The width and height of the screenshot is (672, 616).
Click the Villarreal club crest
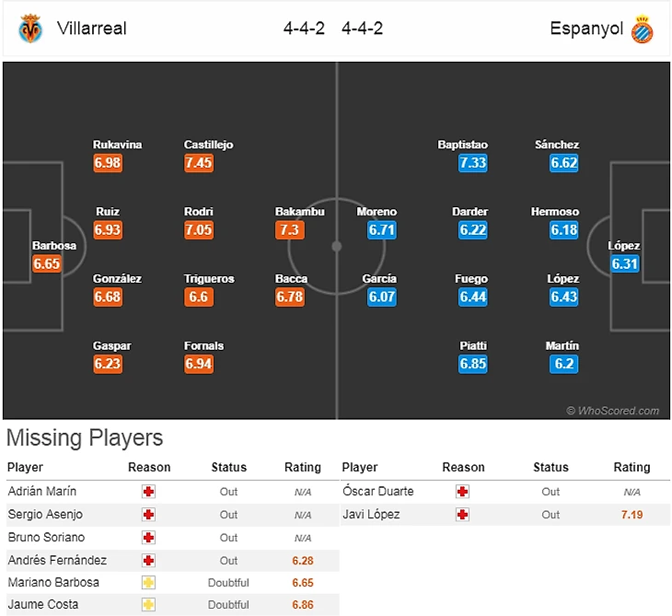click(x=30, y=29)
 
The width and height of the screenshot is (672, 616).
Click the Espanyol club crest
click(x=642, y=29)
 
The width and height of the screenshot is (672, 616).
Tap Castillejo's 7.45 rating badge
click(x=199, y=163)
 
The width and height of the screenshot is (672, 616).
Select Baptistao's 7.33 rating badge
click(x=472, y=163)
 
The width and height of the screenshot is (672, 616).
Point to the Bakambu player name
click(x=300, y=212)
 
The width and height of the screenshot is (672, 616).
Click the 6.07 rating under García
click(x=381, y=296)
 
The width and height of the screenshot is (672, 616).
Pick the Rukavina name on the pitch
click(x=118, y=145)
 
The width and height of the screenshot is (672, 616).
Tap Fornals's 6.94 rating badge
click(x=199, y=364)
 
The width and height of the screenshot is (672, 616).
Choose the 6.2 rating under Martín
click(x=564, y=364)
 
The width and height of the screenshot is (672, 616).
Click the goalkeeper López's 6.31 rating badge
click(x=625, y=264)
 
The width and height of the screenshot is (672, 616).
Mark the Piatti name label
click(x=473, y=346)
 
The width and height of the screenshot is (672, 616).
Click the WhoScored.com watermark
click(x=613, y=411)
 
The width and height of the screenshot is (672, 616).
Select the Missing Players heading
click(x=85, y=438)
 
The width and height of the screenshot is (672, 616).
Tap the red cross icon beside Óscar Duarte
click(x=463, y=492)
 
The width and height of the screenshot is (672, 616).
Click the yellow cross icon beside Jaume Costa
click(x=148, y=604)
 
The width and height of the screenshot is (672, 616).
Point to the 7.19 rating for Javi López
click(x=631, y=515)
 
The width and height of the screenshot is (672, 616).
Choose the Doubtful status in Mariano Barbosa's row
click(x=229, y=582)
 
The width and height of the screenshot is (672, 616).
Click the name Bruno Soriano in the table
click(x=45, y=537)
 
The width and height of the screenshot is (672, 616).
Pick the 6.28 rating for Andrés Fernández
click(x=302, y=560)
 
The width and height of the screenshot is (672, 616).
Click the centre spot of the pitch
click(x=336, y=246)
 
